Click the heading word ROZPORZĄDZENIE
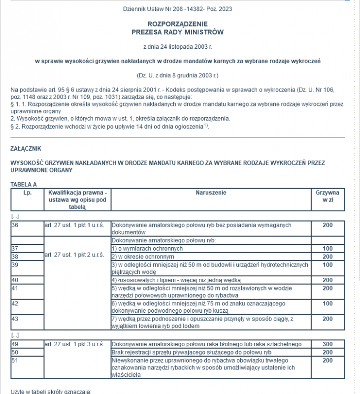point(177,24)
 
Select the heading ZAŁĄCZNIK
point(25,148)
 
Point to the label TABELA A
point(24,184)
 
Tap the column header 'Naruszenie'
point(211,193)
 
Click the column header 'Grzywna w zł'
point(327,197)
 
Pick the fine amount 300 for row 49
point(327,344)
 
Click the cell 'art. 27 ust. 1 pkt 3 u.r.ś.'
point(74,344)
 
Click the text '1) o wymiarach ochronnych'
point(147,249)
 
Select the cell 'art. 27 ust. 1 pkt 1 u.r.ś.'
point(74,225)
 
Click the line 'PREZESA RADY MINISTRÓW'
point(177,33)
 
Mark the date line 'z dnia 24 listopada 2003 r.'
point(177,47)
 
